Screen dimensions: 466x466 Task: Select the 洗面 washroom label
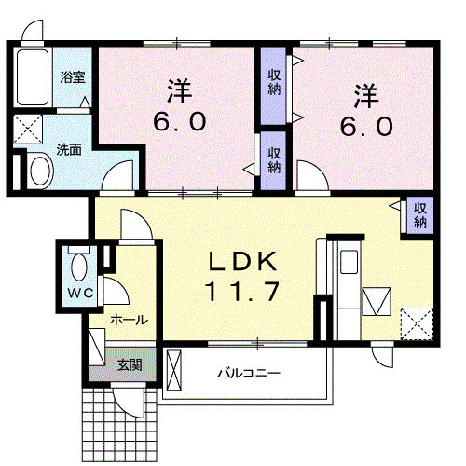[x=69, y=148]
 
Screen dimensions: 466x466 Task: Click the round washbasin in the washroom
[x=40, y=171]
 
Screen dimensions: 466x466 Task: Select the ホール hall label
[x=128, y=320]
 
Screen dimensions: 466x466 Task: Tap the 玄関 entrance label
[x=129, y=364]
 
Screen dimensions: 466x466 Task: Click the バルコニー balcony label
[x=249, y=373]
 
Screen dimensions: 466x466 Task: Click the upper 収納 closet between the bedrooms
[x=274, y=83]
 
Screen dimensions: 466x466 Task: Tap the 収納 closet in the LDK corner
[x=419, y=214]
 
